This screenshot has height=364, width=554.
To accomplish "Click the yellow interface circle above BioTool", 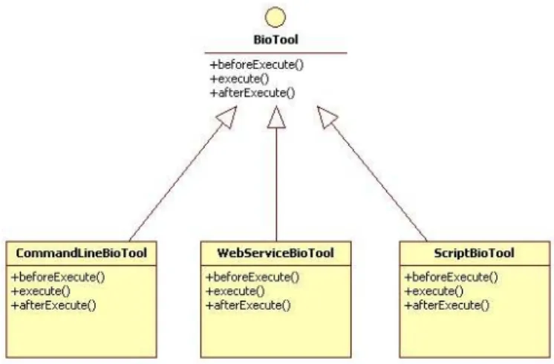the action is coord(276,17).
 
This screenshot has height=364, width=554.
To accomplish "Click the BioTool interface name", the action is coord(276,39).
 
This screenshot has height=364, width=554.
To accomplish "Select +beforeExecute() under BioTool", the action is coord(257,65).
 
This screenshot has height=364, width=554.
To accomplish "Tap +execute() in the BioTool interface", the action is coord(240,79).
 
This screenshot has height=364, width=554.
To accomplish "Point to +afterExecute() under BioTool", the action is coord(252,93).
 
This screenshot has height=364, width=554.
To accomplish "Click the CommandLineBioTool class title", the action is coord(81,253).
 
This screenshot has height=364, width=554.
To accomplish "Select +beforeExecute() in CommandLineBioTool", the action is coord(59,276).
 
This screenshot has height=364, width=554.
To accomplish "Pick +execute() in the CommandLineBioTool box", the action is coord(41,291).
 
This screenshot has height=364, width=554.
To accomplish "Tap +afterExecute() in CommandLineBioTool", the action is coord(53,305).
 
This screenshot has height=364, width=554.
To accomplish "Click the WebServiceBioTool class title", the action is coord(276,253).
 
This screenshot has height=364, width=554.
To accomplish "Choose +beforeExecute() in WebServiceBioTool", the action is coord(252,276).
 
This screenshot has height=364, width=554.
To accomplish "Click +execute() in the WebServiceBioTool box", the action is coord(235,291).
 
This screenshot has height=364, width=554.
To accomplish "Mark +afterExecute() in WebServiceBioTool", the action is coord(248,305).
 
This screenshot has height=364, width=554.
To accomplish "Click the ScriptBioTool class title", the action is coord(474,253).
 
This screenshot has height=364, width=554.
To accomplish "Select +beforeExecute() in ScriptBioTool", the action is coord(452,276).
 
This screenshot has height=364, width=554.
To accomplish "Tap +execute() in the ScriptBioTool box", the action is coord(434,291).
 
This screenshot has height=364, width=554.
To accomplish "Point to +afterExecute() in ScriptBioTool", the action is coord(446,305).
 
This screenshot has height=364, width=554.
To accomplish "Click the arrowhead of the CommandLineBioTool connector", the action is coord(228,117).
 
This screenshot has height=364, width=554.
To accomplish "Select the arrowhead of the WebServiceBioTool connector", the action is coord(276,117).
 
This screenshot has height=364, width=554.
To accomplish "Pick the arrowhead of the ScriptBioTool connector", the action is coord(327,117).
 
